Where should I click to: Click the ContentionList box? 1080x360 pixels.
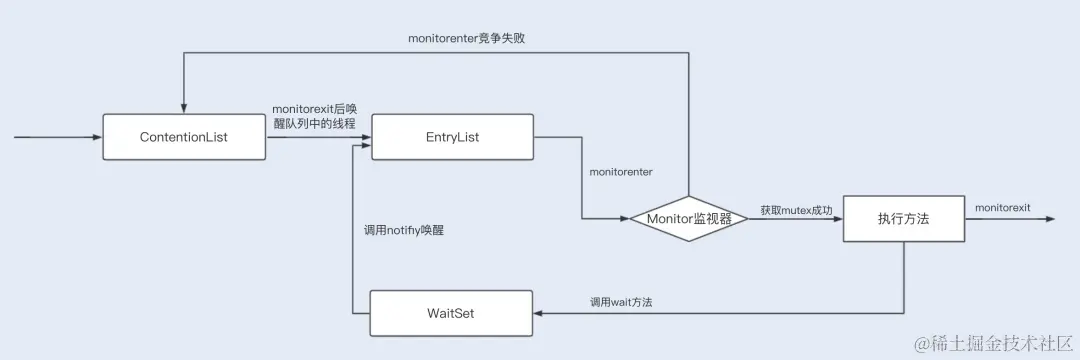[184, 137]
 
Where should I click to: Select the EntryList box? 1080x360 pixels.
[452, 137]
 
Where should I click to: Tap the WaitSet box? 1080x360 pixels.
[452, 313]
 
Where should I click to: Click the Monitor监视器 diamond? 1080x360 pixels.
[688, 218]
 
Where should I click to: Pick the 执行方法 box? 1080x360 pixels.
[904, 218]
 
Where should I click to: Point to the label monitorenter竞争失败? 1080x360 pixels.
[467, 38]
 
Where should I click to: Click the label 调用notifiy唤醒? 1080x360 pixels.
[404, 230]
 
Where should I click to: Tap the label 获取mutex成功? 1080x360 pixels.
[796, 210]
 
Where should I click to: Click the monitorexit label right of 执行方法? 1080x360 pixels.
[1003, 206]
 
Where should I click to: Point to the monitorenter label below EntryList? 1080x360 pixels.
[621, 172]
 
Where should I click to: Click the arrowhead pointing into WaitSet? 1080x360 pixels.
[538, 313]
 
